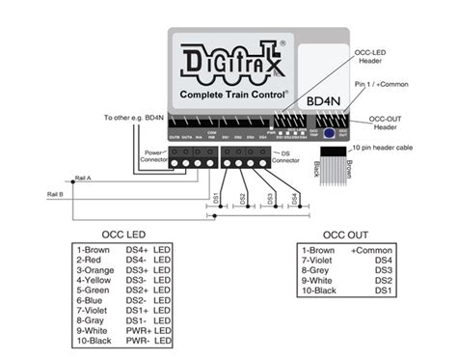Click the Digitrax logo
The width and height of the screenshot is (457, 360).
point(229,61)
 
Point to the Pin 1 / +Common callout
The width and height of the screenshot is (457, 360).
point(389,85)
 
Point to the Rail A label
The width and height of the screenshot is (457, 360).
point(82,179)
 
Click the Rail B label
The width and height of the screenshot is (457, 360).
point(54,194)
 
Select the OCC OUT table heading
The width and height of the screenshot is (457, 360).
point(345,235)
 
